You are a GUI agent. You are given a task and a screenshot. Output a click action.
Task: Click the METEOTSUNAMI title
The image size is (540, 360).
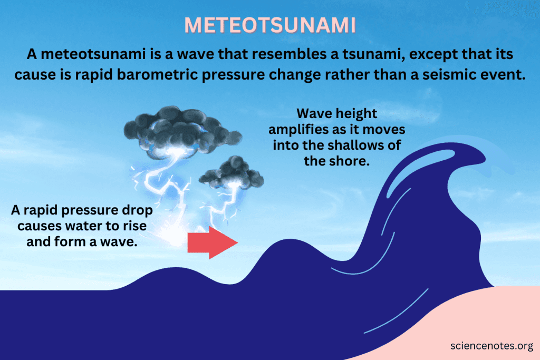(270, 25)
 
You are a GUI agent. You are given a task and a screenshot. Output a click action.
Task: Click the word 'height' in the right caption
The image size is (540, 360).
(358, 113)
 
